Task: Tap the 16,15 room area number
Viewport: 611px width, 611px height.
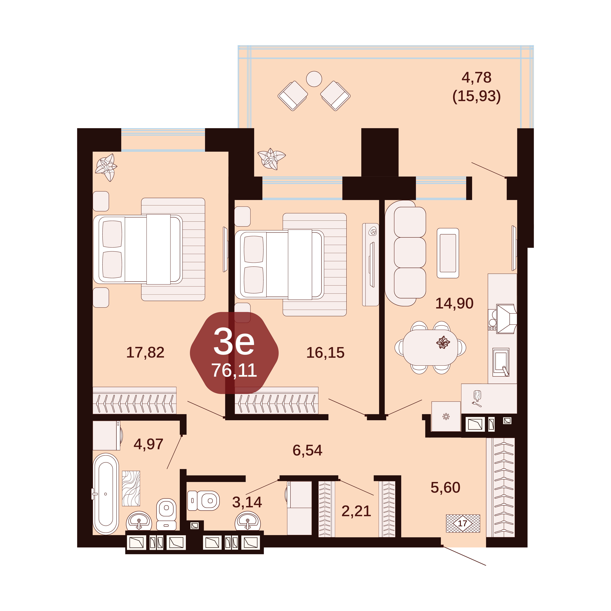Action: coord(325,353)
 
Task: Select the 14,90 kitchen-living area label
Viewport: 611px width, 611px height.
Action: coord(454,303)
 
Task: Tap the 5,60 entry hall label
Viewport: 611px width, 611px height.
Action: coord(445,488)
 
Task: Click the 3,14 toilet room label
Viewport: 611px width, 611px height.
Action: coord(247,502)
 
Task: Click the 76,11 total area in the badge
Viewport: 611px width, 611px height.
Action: coord(234,371)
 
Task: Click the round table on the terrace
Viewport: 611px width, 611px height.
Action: coord(314,79)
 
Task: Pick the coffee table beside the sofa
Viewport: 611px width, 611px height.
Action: coord(448,253)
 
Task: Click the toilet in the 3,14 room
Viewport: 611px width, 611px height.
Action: coord(203,501)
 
